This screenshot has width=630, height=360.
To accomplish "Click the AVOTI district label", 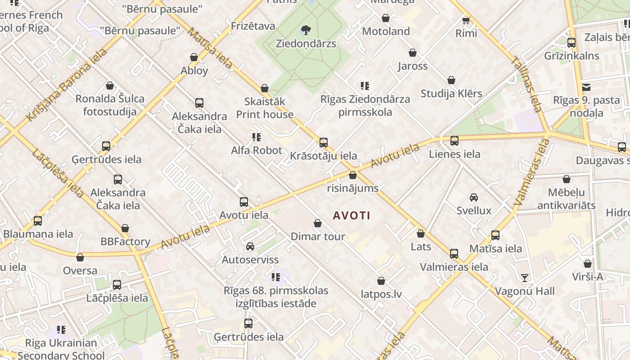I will (351, 216).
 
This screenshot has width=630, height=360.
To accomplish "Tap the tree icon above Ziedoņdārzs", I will (306, 30).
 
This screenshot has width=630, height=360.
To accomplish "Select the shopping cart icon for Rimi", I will (466, 20).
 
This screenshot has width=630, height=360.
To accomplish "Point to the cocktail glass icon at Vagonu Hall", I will (524, 277).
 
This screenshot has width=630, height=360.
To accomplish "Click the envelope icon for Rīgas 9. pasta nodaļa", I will (586, 87).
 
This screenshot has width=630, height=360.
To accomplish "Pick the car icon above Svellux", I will (473, 197).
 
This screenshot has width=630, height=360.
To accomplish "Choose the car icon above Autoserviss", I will (250, 246).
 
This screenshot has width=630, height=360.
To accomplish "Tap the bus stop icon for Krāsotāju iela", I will (323, 143).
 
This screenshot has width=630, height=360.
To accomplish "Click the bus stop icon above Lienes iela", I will (454, 140).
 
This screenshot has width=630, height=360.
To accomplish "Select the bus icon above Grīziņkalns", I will (571, 43).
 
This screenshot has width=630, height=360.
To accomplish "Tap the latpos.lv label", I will (381, 294).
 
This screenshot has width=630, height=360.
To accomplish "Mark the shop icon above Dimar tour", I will (318, 223).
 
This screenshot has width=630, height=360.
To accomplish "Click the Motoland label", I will (386, 31).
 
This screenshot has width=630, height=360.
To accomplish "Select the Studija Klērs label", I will (451, 94).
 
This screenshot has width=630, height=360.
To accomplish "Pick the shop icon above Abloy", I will (194, 57).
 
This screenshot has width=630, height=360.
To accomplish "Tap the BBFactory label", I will (125, 242).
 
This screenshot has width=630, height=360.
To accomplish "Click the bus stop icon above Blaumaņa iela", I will (38, 221).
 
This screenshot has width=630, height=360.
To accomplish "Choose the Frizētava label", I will (253, 26).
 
